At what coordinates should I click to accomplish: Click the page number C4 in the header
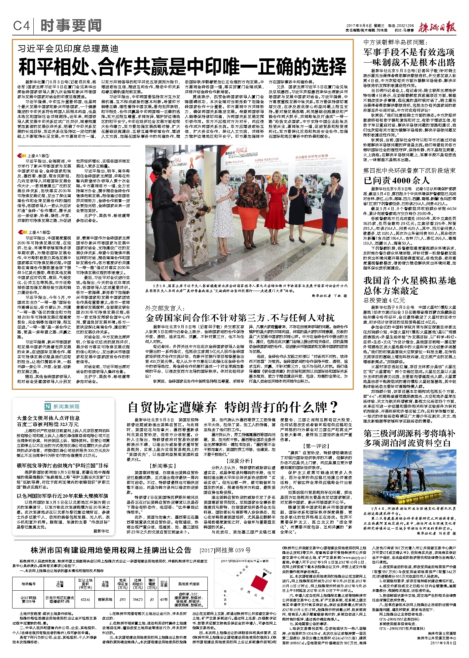21,25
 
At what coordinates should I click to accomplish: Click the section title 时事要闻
71,25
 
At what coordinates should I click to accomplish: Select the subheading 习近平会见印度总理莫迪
68,49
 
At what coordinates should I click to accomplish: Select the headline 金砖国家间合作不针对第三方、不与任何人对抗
240,318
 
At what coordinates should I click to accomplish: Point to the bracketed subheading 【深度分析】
239,461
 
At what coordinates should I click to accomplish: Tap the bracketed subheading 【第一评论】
316,446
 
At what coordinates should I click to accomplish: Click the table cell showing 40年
164,599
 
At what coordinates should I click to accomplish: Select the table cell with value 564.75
138,599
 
